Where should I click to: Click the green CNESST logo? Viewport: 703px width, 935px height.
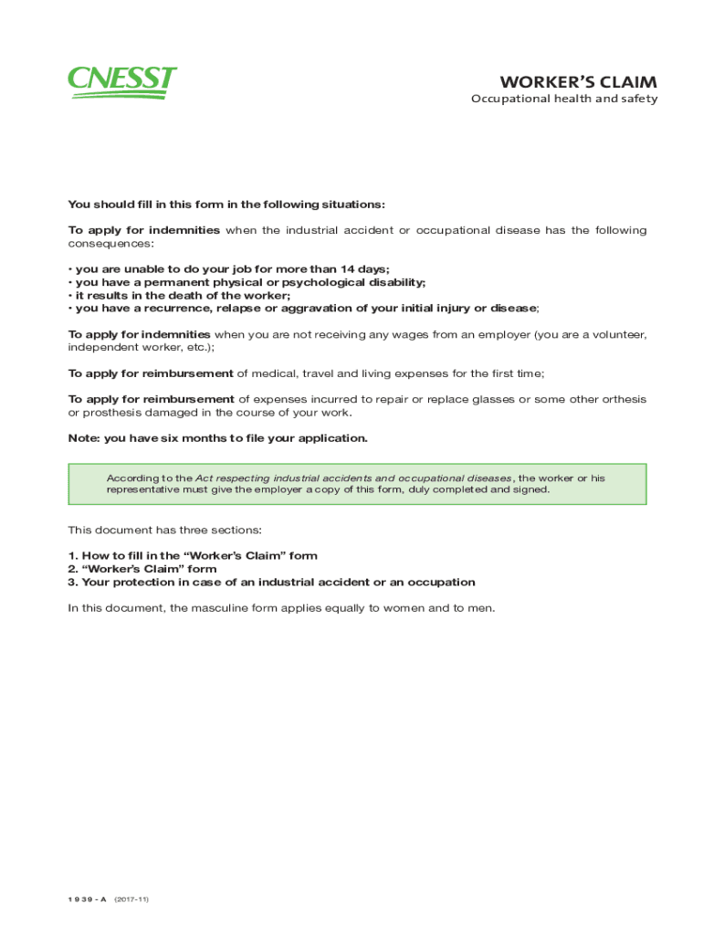click(x=122, y=82)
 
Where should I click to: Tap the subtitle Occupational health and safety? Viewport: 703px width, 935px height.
click(x=564, y=100)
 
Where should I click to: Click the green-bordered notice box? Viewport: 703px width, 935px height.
click(x=357, y=484)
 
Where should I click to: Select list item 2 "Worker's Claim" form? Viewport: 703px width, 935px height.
click(x=142, y=569)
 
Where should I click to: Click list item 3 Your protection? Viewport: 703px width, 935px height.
click(x=271, y=583)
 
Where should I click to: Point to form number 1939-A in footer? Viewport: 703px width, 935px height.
click(x=88, y=899)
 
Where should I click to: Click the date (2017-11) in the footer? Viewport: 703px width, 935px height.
click(x=131, y=899)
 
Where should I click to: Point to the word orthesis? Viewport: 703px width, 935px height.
click(x=622, y=399)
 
